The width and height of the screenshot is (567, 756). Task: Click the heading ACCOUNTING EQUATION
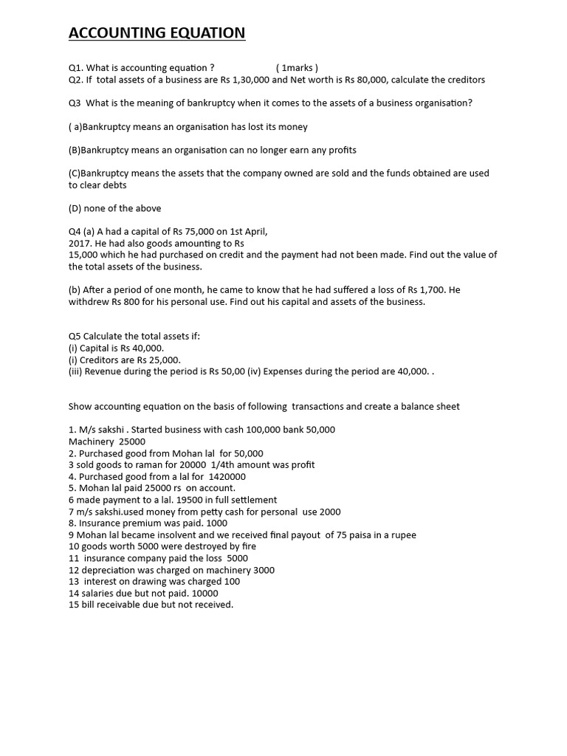tap(157, 33)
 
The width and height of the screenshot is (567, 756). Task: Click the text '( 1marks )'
tap(298, 68)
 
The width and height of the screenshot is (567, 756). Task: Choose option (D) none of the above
tap(114, 208)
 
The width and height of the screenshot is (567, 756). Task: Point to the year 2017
tap(79, 244)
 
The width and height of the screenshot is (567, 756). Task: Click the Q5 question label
tap(75, 337)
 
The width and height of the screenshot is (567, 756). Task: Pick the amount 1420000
tap(222, 477)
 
